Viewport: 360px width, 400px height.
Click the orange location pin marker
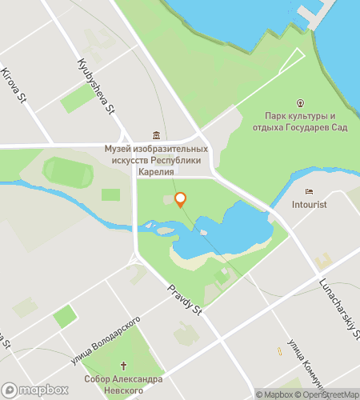181,199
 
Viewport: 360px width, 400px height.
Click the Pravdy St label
184,298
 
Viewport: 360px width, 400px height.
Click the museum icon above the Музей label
157,135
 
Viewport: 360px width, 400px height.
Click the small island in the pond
203,233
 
